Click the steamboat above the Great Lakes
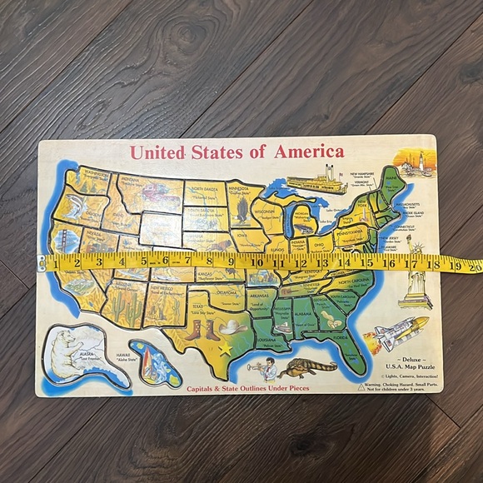point(319,177)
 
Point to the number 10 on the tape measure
point(257,264)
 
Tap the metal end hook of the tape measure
point(42,263)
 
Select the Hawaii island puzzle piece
point(150,361)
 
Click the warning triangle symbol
point(361,386)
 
